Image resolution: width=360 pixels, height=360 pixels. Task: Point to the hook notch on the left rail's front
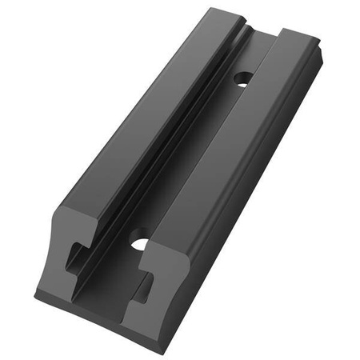tap(74, 254)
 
